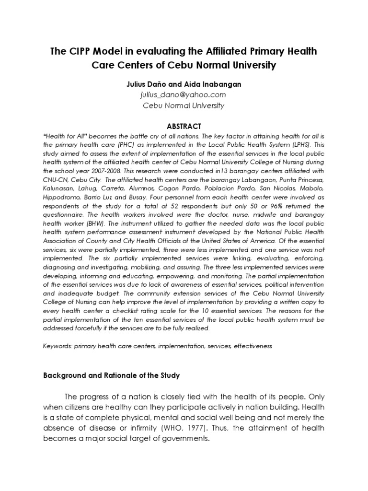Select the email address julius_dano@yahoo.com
click(x=184, y=95)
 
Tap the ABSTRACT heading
click(x=184, y=126)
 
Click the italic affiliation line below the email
click(x=184, y=105)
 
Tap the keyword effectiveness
click(x=253, y=345)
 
